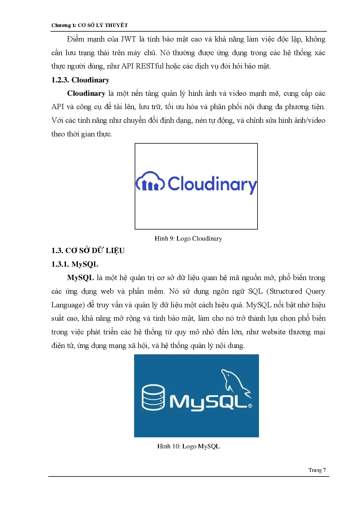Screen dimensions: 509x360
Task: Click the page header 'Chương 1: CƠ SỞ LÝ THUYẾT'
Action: (89, 25)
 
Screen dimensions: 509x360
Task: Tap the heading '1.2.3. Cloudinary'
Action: (80, 80)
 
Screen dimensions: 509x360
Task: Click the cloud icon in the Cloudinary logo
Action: (150, 182)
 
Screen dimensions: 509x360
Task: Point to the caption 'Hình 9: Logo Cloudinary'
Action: (188, 239)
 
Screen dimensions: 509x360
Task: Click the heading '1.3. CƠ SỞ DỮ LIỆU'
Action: (88, 250)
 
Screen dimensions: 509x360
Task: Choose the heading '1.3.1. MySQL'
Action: (75, 264)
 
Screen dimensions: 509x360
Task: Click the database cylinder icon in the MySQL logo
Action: (153, 397)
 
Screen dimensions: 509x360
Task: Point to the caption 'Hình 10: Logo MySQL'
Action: (188, 446)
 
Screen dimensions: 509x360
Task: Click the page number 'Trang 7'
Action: (317, 470)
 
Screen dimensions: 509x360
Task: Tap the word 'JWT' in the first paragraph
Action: (128, 39)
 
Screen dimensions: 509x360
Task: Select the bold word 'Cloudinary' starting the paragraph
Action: (86, 93)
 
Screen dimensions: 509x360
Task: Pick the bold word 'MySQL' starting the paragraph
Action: (80, 278)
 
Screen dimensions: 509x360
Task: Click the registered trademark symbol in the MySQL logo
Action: (250, 406)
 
